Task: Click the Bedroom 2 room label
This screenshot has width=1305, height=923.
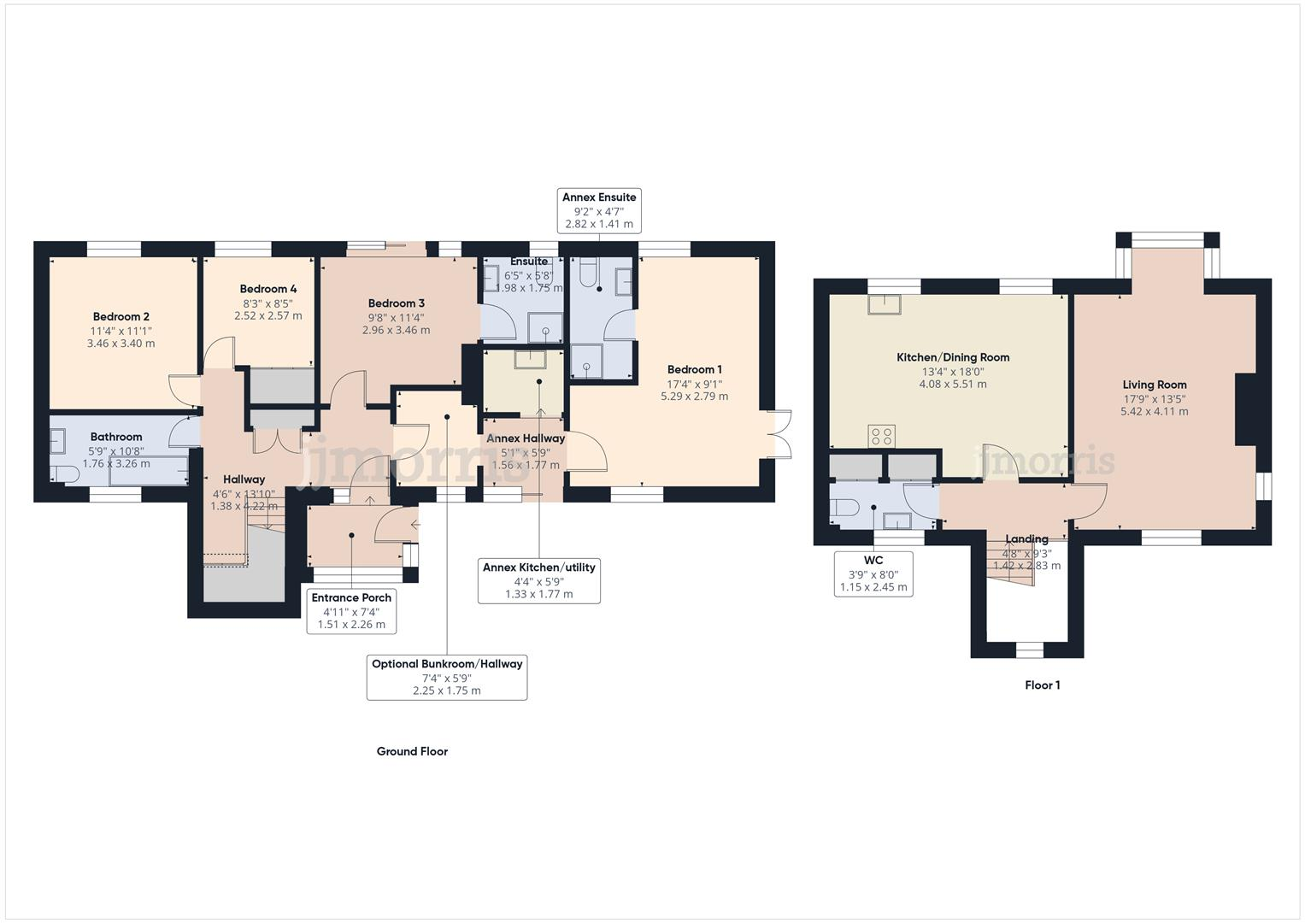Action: tap(121, 316)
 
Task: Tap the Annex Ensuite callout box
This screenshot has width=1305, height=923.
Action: tap(598, 210)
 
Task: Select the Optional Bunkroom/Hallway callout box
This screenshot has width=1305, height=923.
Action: tap(446, 677)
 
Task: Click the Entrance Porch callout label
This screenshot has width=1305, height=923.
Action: tap(351, 598)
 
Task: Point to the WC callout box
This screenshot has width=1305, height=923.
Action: tap(873, 573)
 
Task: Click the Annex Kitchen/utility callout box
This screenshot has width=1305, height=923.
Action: tap(538, 580)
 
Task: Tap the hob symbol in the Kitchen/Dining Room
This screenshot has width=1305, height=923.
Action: tap(881, 437)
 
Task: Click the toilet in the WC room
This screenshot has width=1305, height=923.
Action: tap(845, 508)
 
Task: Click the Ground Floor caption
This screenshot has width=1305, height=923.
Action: tap(412, 751)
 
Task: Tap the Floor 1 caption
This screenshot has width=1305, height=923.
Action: tap(1042, 685)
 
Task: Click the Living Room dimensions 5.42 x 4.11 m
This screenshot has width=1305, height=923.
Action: tap(1154, 411)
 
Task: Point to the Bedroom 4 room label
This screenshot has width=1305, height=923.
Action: tap(268, 289)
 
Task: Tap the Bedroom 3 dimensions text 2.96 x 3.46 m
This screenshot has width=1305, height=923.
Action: tap(396, 330)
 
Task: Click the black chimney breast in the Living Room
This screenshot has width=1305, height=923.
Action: tap(1245, 409)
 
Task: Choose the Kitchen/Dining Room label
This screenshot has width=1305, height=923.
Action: tap(952, 357)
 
